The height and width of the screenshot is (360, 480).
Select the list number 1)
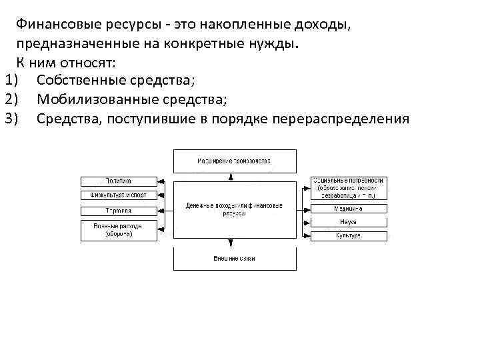click(14, 81)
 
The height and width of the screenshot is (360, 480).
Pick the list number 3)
click(14, 119)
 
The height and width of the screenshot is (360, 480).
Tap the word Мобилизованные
click(90, 100)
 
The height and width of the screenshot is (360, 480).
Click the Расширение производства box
click(235, 161)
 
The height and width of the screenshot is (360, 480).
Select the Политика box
click(119, 181)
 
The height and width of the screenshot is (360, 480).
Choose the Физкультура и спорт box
click(119, 195)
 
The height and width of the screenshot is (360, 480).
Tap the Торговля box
click(119, 211)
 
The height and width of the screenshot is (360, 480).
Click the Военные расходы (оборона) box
click(119, 231)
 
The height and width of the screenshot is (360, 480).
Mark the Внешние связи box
click(235, 259)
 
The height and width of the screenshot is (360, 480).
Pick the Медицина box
click(348, 209)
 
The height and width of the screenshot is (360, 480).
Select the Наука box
click(348, 222)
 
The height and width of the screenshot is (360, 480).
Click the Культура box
click(348, 236)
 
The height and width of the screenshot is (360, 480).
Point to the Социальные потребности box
click(348, 188)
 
